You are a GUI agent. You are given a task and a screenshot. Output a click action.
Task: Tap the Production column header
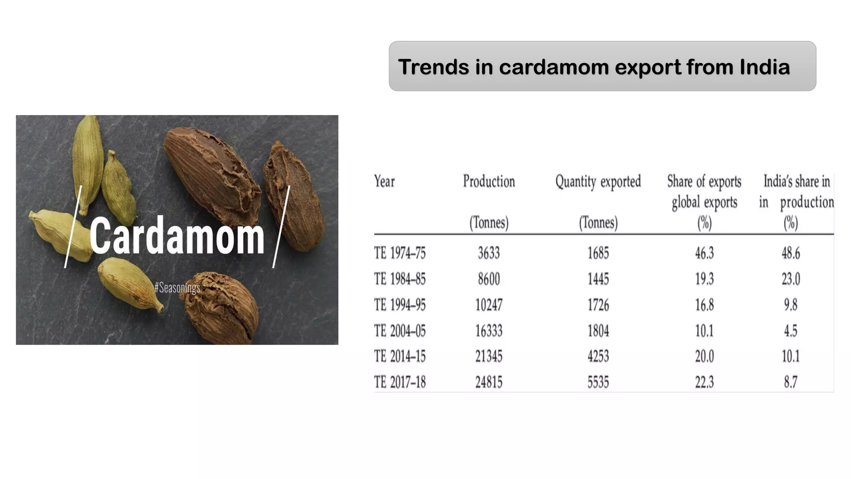pyautogui.click(x=489, y=181)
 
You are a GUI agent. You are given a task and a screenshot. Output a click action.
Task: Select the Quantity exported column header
pyautogui.click(x=598, y=181)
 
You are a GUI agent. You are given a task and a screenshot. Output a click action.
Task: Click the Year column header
pyautogui.click(x=384, y=181)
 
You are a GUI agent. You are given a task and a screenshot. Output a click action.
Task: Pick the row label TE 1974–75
pyautogui.click(x=400, y=253)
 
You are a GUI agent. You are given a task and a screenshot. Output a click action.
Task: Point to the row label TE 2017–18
pyautogui.click(x=400, y=382)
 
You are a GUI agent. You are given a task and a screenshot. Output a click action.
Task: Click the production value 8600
pyautogui.click(x=489, y=279)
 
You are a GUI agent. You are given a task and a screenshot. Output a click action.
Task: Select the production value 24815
pyautogui.click(x=489, y=382)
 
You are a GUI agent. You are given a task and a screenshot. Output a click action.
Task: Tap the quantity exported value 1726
pyautogui.click(x=598, y=305)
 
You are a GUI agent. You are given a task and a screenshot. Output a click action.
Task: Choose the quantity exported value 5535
pyautogui.click(x=598, y=382)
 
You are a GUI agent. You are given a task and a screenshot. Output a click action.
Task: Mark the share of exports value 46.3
pyautogui.click(x=704, y=253)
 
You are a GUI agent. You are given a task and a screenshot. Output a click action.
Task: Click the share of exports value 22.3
pyautogui.click(x=704, y=382)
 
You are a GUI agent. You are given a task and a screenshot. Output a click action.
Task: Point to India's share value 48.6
pyautogui.click(x=791, y=253)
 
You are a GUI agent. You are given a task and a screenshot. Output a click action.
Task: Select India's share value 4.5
pyautogui.click(x=791, y=331)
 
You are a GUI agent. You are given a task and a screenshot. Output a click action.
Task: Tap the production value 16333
pyautogui.click(x=489, y=331)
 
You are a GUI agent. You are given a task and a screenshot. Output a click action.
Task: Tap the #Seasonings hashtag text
pyautogui.click(x=177, y=287)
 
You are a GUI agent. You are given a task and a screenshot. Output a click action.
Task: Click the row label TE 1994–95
pyautogui.click(x=400, y=305)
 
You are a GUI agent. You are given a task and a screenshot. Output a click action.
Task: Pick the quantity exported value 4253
pyautogui.click(x=598, y=356)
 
